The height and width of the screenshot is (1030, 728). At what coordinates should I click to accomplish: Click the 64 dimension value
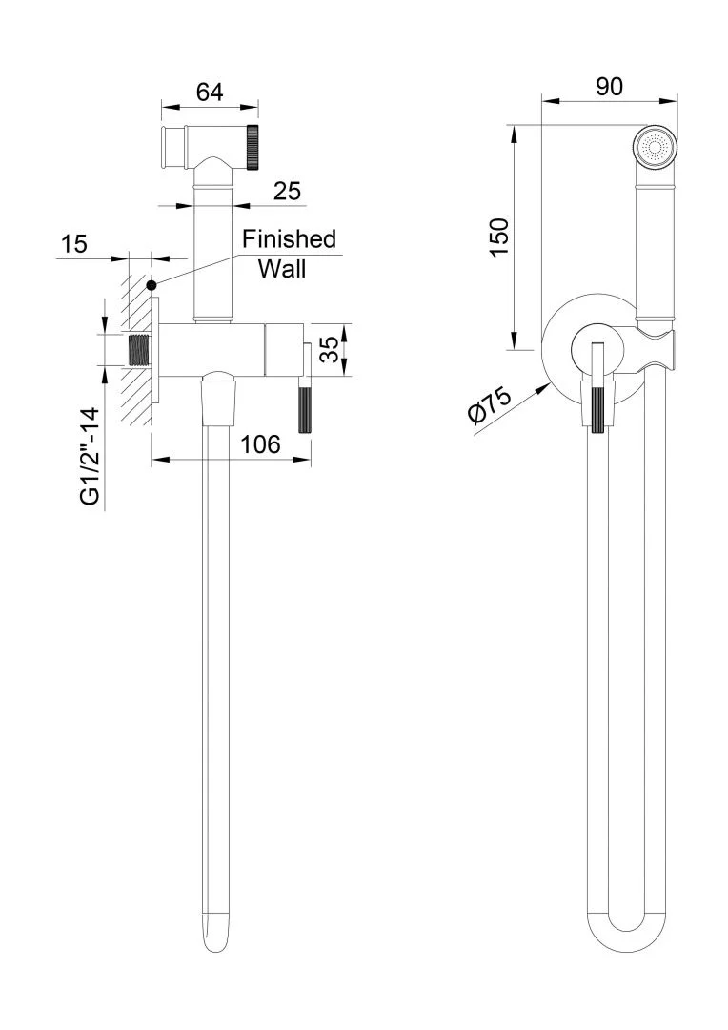[210, 92]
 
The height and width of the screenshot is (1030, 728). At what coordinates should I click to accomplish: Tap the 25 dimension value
[287, 191]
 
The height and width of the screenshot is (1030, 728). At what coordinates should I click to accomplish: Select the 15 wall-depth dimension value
[73, 243]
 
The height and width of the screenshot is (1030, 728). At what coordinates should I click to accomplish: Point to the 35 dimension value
[330, 349]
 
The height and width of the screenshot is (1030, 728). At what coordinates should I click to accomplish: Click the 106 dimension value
[259, 443]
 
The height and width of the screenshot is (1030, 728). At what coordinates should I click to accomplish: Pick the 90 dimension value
[609, 87]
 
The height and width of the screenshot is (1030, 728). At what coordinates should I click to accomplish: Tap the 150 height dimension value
[499, 236]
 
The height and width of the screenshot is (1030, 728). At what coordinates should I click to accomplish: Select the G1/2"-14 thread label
[91, 457]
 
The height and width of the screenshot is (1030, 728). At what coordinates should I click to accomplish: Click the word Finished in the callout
[289, 238]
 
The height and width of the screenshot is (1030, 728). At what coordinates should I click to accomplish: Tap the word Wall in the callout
[282, 269]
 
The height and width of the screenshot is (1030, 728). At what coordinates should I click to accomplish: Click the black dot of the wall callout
[152, 284]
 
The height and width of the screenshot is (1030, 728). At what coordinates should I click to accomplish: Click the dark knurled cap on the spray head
[253, 146]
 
